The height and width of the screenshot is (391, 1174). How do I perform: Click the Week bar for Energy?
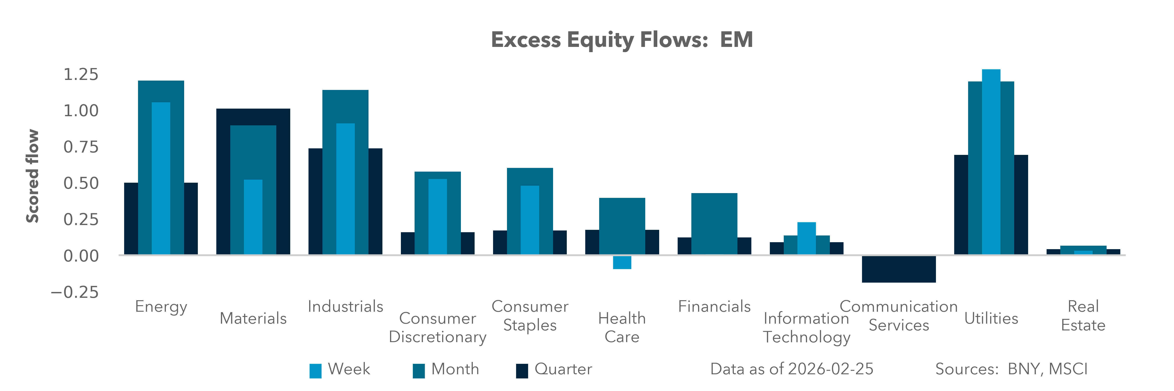pos(161,178)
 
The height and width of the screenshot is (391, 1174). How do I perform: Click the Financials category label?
pos(714,306)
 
